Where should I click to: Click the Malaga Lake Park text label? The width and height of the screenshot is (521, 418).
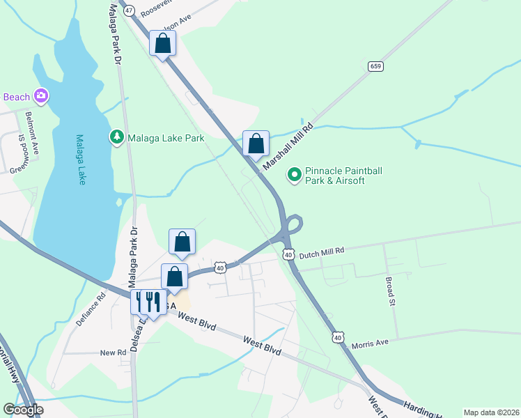pos(166,138)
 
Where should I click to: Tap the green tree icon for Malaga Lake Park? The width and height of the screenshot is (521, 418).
pos(116,137)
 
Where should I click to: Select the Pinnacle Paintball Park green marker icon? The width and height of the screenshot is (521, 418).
pos(295,175)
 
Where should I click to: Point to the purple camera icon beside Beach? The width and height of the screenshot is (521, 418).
pos(41,95)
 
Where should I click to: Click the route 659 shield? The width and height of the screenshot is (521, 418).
pos(375,66)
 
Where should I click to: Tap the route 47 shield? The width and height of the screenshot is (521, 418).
pos(128,10)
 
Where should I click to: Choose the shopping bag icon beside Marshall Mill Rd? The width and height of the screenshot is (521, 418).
pos(256,144)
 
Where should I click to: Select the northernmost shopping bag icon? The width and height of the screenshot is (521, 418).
pos(163,44)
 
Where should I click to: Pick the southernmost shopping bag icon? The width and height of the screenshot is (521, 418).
pos(175,277)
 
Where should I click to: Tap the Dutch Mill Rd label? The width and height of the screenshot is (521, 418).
pos(322,256)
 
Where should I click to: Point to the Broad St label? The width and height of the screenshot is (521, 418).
pos(390,292)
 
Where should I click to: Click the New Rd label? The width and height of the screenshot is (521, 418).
pos(112,353)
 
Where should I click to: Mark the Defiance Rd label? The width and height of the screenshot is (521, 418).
pos(91,309)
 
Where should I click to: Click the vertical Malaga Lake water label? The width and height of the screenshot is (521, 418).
pos(81,160)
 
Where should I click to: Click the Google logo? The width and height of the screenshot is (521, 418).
pos(22,410)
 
